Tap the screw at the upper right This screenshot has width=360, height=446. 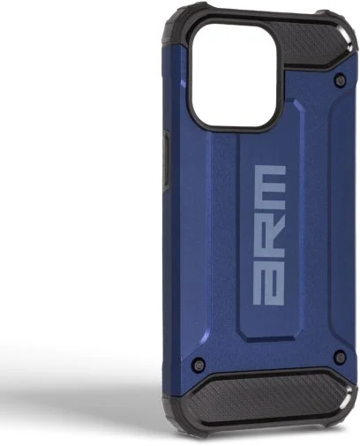coord(340,79)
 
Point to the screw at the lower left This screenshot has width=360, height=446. coord(199,365)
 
